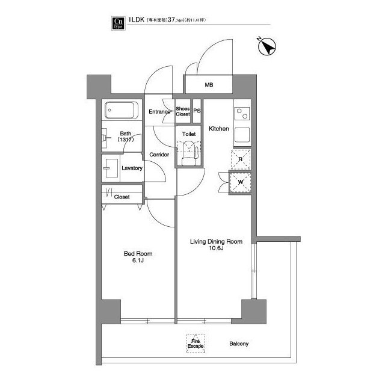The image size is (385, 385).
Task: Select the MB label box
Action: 209,85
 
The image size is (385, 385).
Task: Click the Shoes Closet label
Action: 182,111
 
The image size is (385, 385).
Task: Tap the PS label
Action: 197,111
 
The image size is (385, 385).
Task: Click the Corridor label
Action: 159,155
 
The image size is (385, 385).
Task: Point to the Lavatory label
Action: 132,168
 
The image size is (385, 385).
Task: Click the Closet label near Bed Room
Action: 122,197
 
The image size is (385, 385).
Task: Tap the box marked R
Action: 241,159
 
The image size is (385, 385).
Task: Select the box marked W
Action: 240,182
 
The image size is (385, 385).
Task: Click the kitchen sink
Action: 241,135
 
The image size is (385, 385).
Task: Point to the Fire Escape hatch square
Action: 194,343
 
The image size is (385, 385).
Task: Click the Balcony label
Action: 239,344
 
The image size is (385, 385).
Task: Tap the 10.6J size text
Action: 217,249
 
